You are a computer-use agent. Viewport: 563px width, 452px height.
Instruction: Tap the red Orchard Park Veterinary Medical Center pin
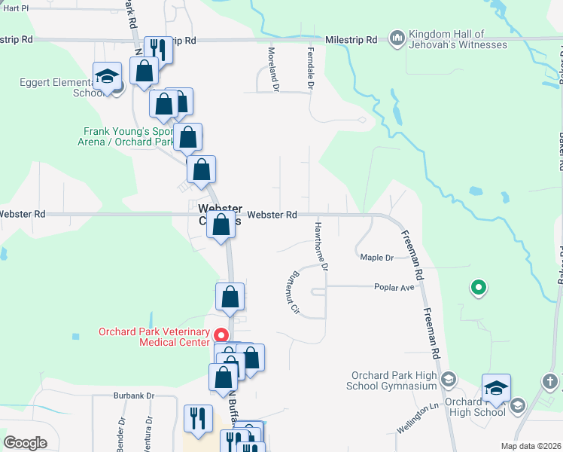pos(221,335)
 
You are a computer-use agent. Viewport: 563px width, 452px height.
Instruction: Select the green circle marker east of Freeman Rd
pos(477,286)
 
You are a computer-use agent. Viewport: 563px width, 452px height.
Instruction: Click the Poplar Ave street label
pos(395,287)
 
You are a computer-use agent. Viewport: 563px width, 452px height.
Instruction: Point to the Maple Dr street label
pos(377,258)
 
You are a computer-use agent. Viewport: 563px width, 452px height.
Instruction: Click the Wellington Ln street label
pos(418,417)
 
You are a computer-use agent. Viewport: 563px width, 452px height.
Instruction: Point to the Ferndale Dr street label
pos(310,68)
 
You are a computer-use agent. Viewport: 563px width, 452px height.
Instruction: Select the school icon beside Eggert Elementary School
pos(108,77)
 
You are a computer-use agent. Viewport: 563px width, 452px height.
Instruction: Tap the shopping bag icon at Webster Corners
pos(221,225)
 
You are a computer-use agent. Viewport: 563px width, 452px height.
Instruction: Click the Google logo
pos(25,443)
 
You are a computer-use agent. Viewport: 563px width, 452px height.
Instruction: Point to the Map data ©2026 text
pos(531,446)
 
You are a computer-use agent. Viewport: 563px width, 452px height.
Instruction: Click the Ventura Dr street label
pos(149,430)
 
